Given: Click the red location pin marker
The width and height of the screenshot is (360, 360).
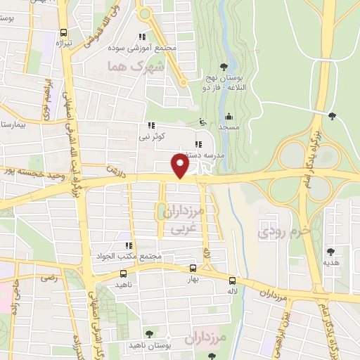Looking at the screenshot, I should pyautogui.click(x=181, y=166).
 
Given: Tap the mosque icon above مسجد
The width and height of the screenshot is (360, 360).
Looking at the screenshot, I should pyautogui.click(x=229, y=117).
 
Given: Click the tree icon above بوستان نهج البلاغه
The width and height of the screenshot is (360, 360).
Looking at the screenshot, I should pyautogui.click(x=224, y=67).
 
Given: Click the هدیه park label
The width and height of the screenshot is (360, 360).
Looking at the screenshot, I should pyautogui.click(x=330, y=262).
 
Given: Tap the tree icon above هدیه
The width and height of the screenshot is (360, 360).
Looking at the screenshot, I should pyautogui.click(x=330, y=251).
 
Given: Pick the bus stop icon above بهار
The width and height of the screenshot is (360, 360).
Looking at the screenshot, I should pyautogui.click(x=193, y=268).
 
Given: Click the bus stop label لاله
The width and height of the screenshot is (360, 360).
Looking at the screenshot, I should pyautogui.click(x=231, y=290).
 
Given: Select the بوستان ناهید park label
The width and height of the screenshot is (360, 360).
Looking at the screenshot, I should pyautogui.click(x=146, y=347).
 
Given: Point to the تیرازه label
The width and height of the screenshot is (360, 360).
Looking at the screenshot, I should pyautogui.click(x=63, y=44).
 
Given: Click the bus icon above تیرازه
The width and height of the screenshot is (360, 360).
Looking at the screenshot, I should pyautogui.click(x=64, y=32).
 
